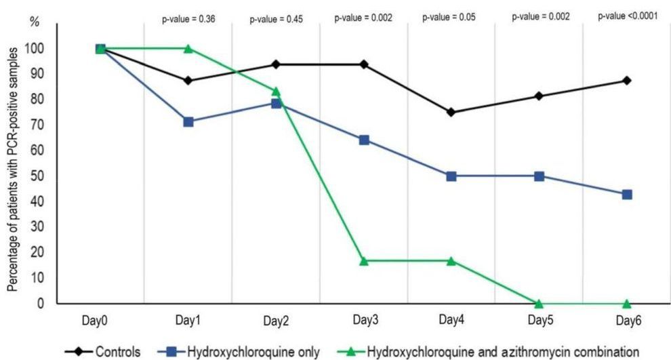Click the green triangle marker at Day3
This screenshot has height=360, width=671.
pyautogui.click(x=364, y=261)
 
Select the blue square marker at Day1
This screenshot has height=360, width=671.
pyautogui.click(x=188, y=122)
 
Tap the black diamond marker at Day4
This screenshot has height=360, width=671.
pyautogui.click(x=451, y=113)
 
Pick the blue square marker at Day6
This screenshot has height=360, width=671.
pyautogui.click(x=626, y=195)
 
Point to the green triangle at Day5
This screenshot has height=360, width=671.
pyautogui.click(x=539, y=303)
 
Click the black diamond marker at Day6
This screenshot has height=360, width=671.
pyautogui.click(x=626, y=81)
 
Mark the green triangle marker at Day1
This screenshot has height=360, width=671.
pyautogui.click(x=188, y=49)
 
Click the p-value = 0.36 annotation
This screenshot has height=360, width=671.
pyautogui.click(x=188, y=20)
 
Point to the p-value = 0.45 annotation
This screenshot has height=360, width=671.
pyautogui.click(x=275, y=20)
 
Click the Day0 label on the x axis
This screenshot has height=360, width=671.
pyautogui.click(x=100, y=320)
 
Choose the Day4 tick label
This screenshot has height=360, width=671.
pyautogui.click(x=451, y=319)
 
